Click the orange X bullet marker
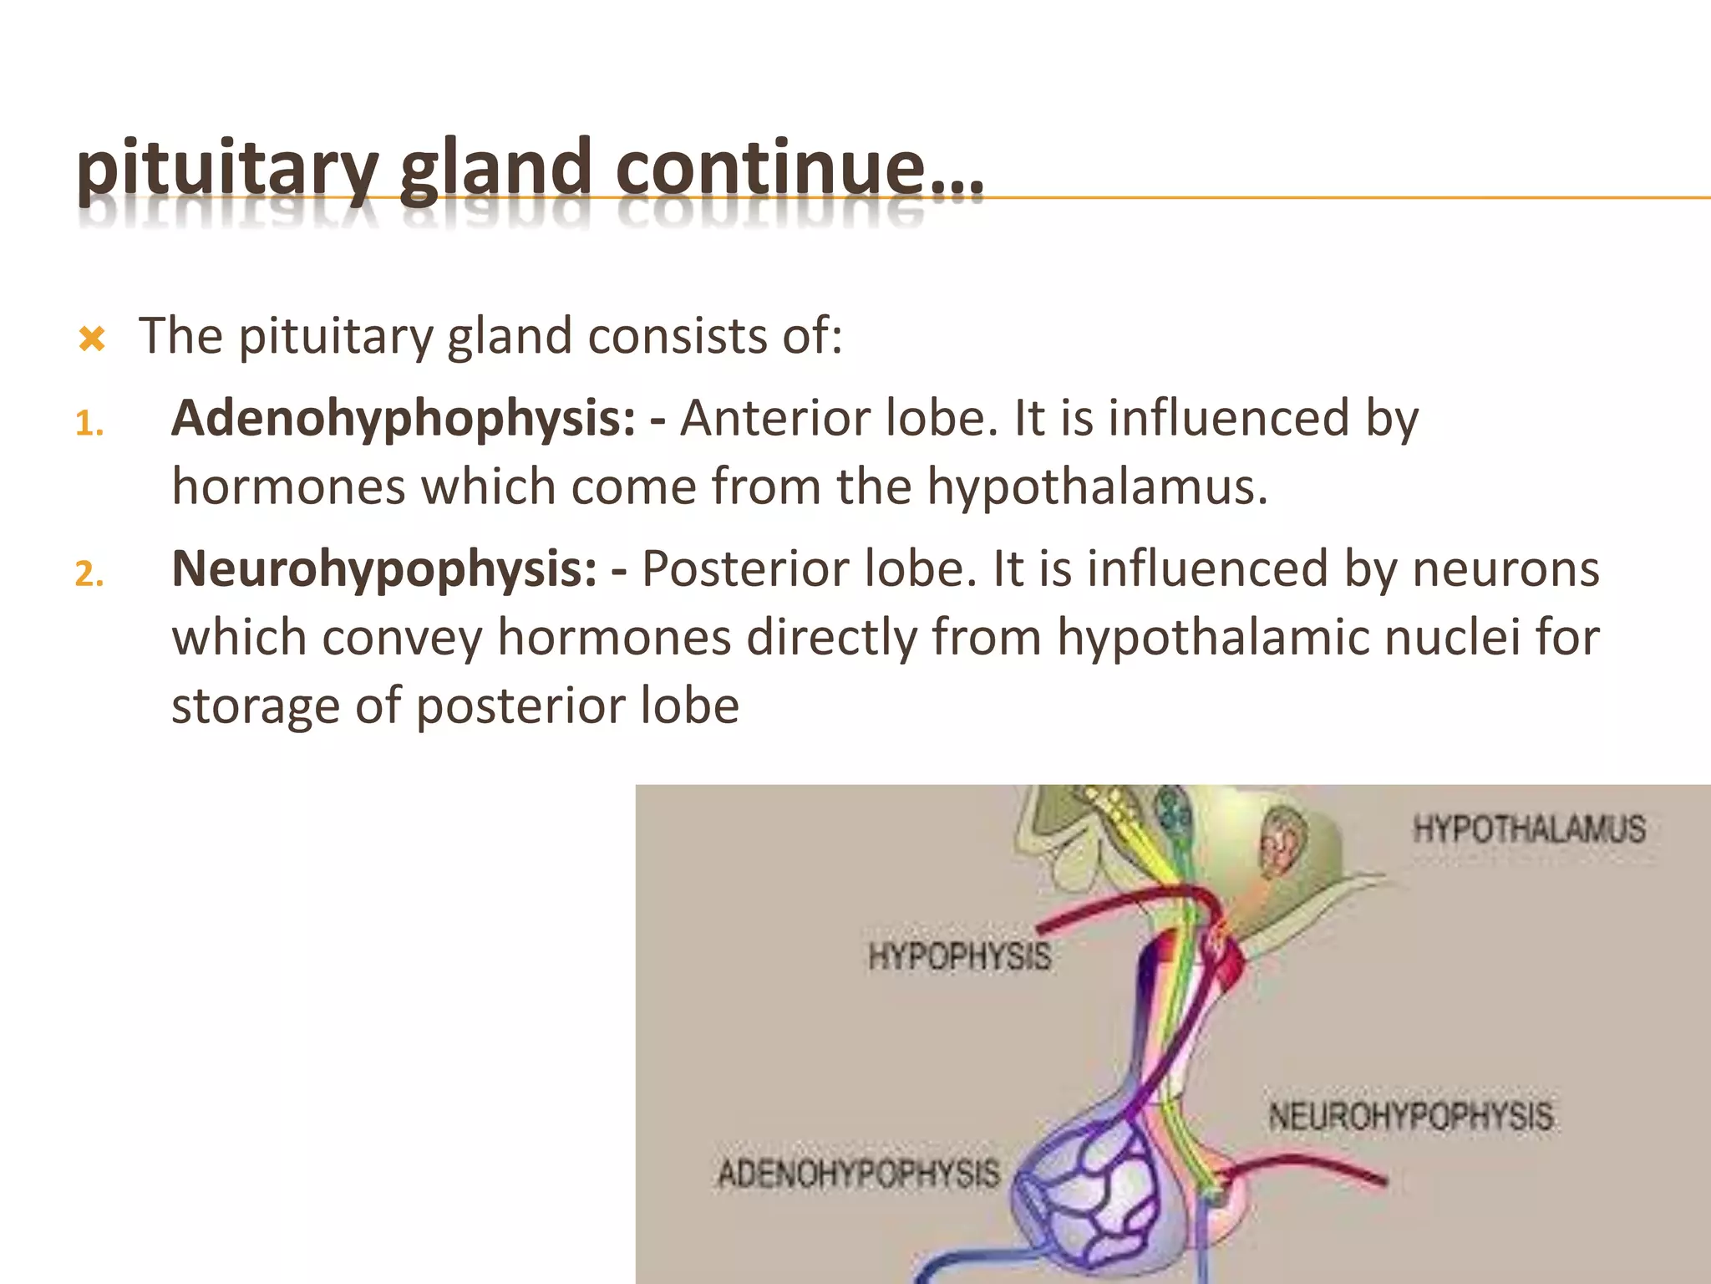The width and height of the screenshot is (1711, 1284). tap(91, 339)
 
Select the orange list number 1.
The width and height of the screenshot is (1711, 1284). tap(88, 425)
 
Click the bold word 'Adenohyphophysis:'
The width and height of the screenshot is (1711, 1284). tap(404, 419)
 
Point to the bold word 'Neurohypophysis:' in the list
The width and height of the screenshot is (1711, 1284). tap(384, 569)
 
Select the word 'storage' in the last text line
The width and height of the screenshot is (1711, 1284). tap(256, 706)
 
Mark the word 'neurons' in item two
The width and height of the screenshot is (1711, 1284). tap(1505, 569)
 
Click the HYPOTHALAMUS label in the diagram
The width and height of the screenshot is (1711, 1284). tap(1529, 830)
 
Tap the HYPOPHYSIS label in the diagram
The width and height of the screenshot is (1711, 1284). tap(959, 956)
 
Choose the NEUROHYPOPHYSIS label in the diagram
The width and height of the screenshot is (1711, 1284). tap(1411, 1117)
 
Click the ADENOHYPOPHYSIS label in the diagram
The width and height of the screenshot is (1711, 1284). tap(859, 1174)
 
